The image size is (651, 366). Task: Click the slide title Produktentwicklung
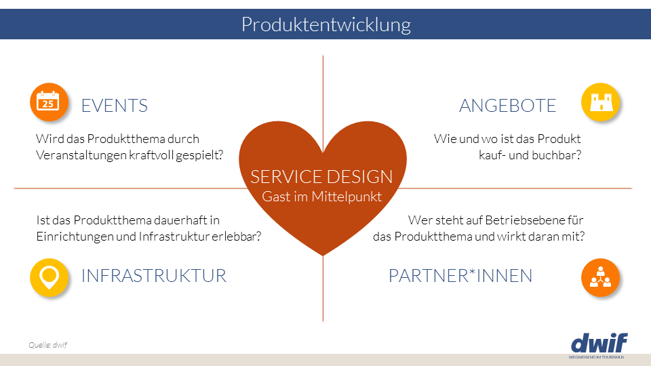(x=325, y=25)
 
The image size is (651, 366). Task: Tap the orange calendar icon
(x=49, y=102)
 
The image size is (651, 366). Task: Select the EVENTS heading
(x=114, y=106)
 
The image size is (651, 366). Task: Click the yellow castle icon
(x=601, y=102)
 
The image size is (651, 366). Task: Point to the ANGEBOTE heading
(x=507, y=106)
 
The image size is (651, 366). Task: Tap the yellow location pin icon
(x=49, y=277)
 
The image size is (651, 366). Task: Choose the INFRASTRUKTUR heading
(x=153, y=276)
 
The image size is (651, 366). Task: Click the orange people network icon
(x=601, y=277)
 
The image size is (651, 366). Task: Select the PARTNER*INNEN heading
(x=460, y=276)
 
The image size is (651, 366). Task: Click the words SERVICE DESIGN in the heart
(x=321, y=177)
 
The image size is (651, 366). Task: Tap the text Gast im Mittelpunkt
(x=322, y=197)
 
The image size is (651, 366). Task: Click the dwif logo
(x=599, y=342)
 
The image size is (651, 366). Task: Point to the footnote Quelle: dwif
(x=47, y=345)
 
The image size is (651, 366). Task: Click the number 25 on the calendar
(x=47, y=104)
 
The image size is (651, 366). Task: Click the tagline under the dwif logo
(x=596, y=357)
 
